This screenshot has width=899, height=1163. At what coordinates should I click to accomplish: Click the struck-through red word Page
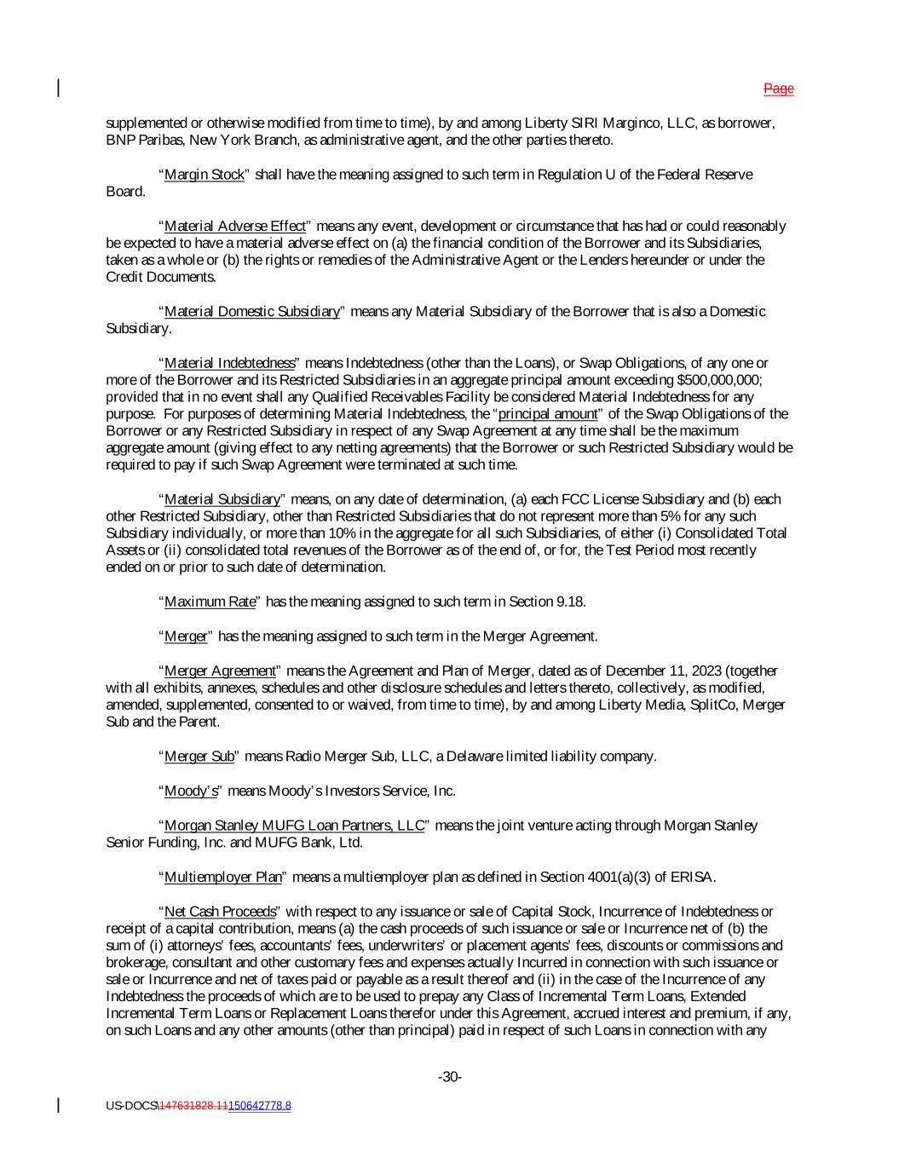coord(778,89)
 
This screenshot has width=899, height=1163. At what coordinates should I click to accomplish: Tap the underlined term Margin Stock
coord(204,175)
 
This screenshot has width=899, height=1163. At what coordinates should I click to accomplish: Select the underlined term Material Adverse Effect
coord(234,226)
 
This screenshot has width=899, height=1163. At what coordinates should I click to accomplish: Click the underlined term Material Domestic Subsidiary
coord(251,311)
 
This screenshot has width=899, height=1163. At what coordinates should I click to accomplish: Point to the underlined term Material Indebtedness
coord(229,363)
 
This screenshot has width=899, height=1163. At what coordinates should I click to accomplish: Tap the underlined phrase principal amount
coord(548,414)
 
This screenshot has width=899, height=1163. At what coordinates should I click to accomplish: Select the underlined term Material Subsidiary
coord(222,499)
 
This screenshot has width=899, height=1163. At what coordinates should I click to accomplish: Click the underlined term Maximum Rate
coord(210,602)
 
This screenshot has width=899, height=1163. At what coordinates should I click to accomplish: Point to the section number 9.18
coord(570,602)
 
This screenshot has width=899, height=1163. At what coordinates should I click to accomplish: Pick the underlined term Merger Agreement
coord(220,671)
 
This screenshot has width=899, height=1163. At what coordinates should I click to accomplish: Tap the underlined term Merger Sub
coord(199,756)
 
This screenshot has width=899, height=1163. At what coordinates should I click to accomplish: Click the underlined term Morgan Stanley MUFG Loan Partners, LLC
coord(294,825)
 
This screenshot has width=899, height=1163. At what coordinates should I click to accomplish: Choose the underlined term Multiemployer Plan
coord(222,877)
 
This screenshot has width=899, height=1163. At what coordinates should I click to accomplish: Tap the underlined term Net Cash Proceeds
coord(220,912)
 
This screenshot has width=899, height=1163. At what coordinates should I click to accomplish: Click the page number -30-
coord(450,1077)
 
